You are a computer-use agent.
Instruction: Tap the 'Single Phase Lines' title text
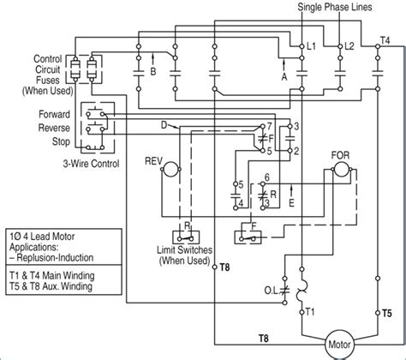point(347,7)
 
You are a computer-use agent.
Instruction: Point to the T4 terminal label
point(386,40)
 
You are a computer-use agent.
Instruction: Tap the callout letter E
point(291,204)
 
